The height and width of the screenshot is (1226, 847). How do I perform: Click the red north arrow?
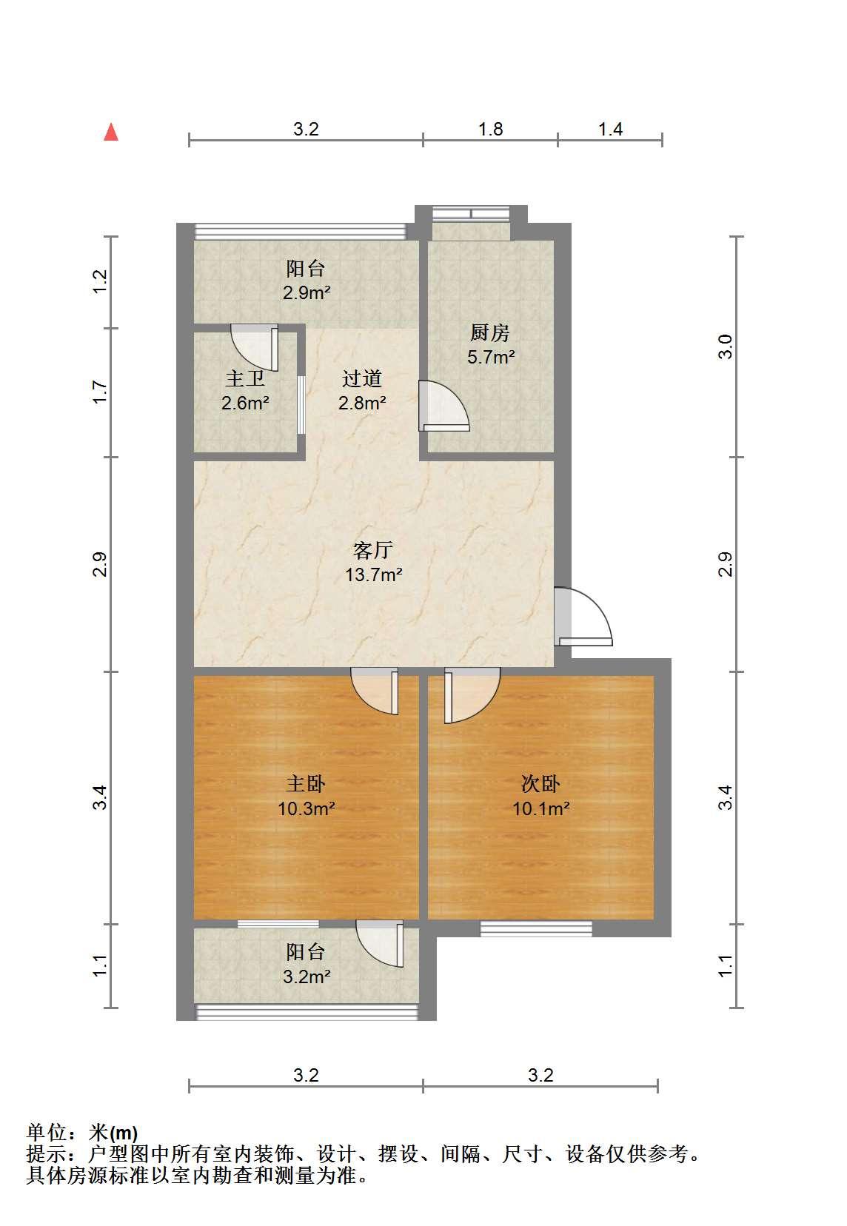(x=111, y=132)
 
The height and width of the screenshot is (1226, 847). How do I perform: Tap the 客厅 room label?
(x=373, y=550)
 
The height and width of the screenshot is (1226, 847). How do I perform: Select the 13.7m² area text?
(x=373, y=575)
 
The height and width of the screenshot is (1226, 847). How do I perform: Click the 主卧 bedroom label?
(x=306, y=784)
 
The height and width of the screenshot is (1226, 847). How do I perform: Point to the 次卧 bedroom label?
(x=540, y=784)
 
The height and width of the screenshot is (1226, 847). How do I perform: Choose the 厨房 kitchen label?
(x=490, y=332)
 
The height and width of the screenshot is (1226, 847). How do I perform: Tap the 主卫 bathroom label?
(x=245, y=378)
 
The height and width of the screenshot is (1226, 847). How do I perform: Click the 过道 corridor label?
(x=361, y=378)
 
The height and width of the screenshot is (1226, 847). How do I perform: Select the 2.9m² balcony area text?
(x=307, y=293)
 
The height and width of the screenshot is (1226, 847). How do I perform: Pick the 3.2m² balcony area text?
(x=307, y=977)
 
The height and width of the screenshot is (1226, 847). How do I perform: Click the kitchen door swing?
(x=444, y=406)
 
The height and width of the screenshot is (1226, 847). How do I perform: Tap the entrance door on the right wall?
(x=583, y=616)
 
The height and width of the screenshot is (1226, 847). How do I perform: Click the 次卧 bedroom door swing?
(x=472, y=695)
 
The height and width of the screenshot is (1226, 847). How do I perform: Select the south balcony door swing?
(x=379, y=944)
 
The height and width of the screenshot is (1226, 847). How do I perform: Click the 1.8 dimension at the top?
(x=491, y=129)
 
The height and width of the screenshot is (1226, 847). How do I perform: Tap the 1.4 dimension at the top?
(x=611, y=129)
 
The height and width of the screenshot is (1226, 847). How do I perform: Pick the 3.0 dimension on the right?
(x=725, y=346)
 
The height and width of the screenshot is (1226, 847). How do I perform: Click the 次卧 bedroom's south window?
(x=536, y=928)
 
